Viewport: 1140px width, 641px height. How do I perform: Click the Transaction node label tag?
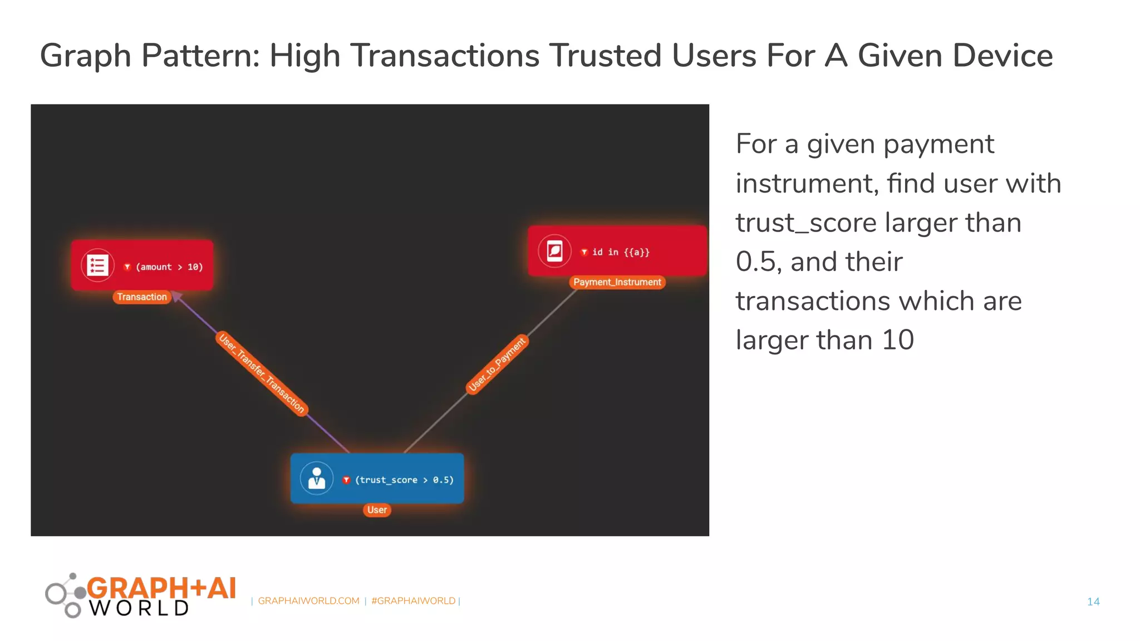pos(141,297)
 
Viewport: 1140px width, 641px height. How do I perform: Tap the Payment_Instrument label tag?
pos(617,282)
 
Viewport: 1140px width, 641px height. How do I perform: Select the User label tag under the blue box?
pos(377,510)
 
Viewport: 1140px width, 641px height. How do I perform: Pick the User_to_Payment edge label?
pos(497,364)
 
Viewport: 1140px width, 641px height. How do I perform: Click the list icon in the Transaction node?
pos(97,265)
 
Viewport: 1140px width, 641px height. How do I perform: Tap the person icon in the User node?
pos(317,479)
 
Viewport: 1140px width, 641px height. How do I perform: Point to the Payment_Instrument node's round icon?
pos(554,251)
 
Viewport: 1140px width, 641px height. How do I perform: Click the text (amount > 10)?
pos(169,267)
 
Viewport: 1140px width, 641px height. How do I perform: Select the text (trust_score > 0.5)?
pos(404,480)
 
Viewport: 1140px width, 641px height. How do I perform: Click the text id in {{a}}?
pos(620,252)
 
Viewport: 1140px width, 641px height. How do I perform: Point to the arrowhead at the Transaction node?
pos(176,296)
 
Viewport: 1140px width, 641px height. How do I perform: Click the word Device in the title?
pos(955,56)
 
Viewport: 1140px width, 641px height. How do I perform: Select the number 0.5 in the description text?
pos(756,262)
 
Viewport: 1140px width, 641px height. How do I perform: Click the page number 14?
pos(1093,601)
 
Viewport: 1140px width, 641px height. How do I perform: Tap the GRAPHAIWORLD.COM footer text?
pos(308,601)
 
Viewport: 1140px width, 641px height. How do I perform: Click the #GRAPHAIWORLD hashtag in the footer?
pos(413,601)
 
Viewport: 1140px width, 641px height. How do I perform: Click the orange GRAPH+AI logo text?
pos(161,588)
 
